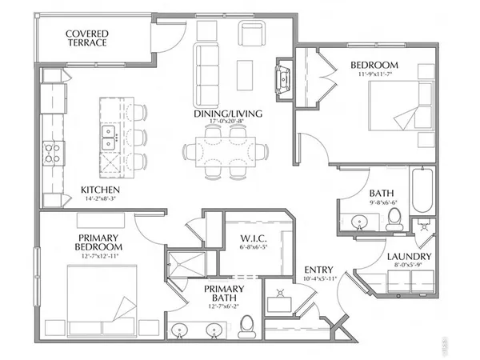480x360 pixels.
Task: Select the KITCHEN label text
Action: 101,190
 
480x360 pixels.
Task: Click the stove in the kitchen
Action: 53,152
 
